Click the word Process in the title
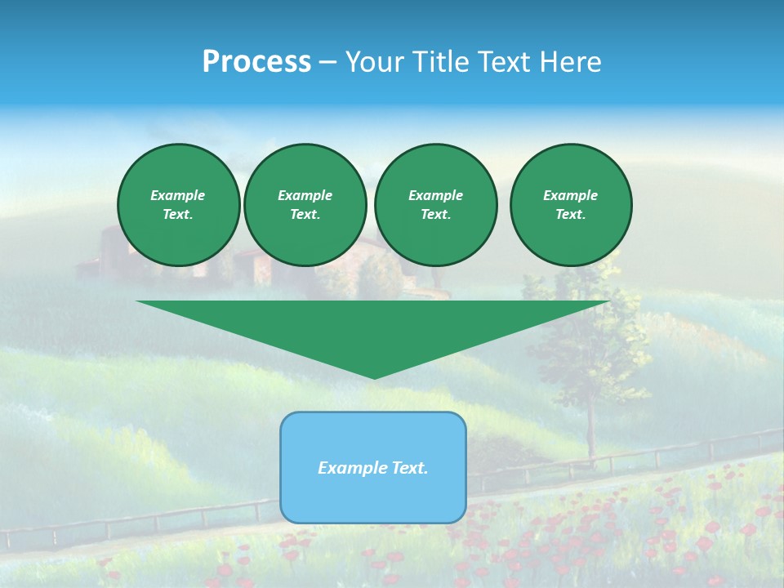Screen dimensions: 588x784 click(x=256, y=62)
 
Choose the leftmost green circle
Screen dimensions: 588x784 click(x=179, y=205)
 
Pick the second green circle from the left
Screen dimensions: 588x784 click(x=305, y=205)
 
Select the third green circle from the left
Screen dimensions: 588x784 click(x=436, y=205)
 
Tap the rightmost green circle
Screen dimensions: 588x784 click(x=571, y=205)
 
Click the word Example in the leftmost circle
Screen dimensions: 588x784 click(x=178, y=195)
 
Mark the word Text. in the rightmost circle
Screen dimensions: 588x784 click(x=571, y=215)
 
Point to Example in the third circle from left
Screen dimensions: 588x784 click(x=436, y=195)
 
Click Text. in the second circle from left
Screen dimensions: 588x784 click(x=305, y=215)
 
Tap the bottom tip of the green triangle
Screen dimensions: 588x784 click(x=374, y=377)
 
